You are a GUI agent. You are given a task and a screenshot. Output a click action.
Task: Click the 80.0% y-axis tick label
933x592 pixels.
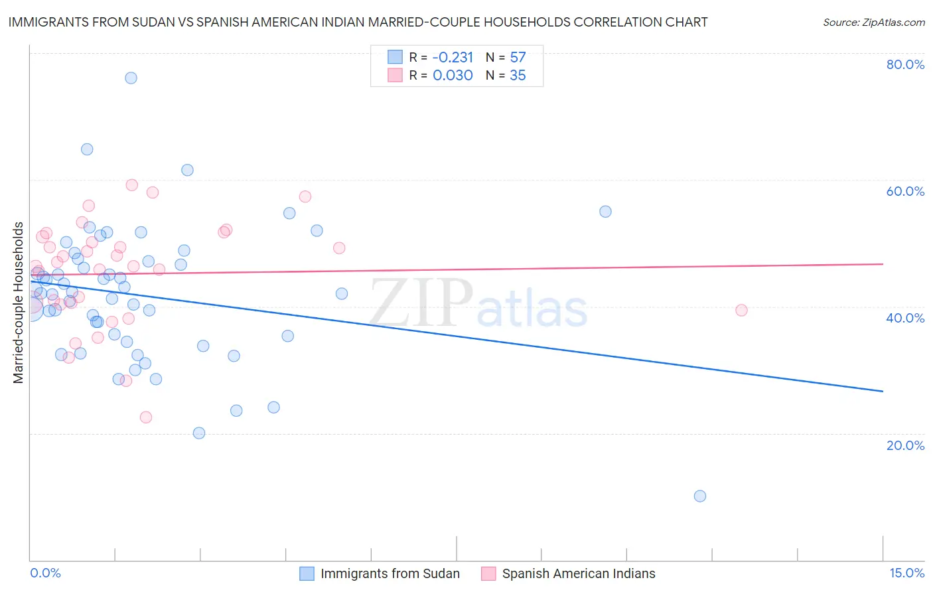905,64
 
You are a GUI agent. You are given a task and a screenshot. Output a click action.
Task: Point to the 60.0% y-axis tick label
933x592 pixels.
905,191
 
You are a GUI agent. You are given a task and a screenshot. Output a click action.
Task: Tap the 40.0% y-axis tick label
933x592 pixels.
905,318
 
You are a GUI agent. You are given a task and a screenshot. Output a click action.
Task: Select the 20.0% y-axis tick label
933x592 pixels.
905,445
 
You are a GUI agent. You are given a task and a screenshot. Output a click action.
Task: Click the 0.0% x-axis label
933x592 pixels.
45,573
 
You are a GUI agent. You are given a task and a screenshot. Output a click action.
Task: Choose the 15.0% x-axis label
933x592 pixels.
906,573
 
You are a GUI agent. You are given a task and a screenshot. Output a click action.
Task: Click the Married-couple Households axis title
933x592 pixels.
19,303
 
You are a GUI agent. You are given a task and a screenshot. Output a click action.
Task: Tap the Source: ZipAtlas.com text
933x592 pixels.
873,23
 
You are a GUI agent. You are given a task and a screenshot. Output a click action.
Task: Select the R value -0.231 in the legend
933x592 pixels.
453,58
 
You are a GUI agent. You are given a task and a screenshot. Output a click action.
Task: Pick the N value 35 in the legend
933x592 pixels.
518,76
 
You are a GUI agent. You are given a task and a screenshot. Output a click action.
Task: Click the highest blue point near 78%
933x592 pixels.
131,78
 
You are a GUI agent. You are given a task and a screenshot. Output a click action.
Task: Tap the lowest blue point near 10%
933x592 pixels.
699,496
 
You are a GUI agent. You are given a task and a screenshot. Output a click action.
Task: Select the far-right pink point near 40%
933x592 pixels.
741,311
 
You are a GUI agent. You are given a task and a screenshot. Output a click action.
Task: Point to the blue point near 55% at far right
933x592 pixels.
605,212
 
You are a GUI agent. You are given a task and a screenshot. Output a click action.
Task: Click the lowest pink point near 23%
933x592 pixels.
146,417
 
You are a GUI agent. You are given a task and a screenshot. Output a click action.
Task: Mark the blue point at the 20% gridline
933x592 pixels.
199,433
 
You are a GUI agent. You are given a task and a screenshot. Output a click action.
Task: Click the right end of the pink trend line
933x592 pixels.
883,264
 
